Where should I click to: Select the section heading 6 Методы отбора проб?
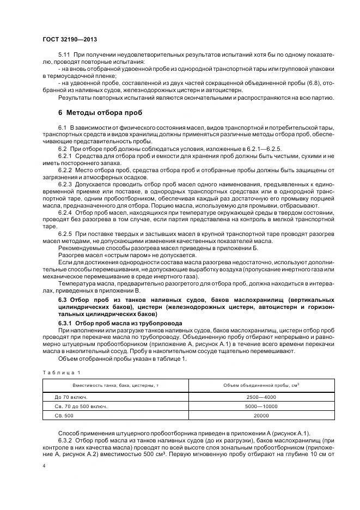(100, 113)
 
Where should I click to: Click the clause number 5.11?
(64, 56)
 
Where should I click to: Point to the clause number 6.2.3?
(66, 184)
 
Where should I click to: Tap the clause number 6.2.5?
(66, 233)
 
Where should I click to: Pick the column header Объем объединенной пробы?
(261, 385)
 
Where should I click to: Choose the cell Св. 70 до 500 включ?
(77, 406)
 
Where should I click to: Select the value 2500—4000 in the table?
(261, 397)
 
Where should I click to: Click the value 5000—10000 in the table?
(261, 406)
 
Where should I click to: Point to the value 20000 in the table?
(261, 415)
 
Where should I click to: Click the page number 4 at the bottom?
(44, 466)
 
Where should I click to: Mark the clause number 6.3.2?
(66, 439)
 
